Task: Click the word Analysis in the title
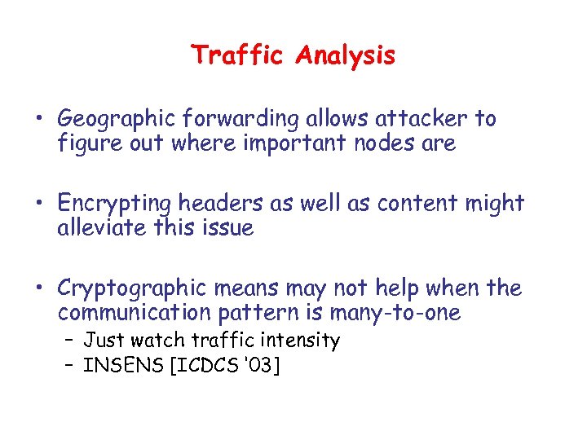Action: click(346, 56)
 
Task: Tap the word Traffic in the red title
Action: click(240, 55)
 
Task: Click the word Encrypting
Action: click(115, 204)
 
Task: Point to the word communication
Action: click(129, 313)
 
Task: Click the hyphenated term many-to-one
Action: click(395, 313)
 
